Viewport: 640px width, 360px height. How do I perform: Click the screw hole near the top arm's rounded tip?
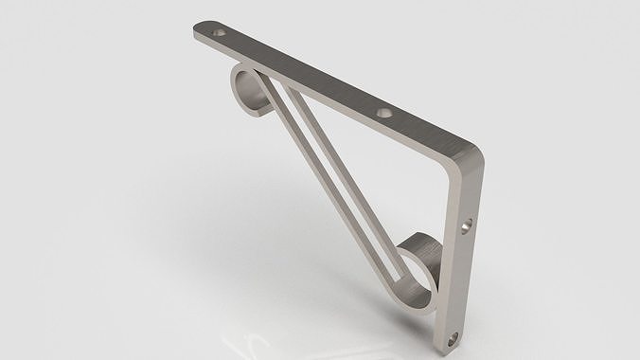point(220,32)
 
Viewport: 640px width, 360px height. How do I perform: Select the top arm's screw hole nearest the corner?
point(383,113)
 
